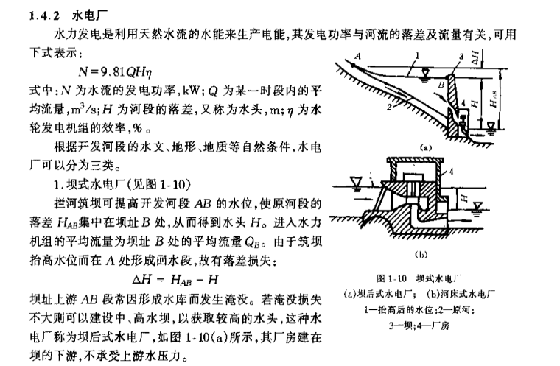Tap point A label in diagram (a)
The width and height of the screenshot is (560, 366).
click(356, 56)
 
